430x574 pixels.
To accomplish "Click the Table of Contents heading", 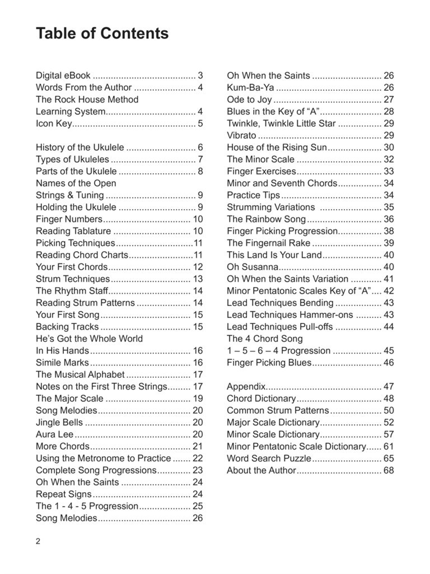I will pos(102,34).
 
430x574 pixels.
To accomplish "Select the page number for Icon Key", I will pos(200,123).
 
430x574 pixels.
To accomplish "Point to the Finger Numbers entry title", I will pos(69,219).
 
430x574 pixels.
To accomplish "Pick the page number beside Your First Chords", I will pos(198,267).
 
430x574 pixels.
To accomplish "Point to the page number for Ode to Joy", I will pos(389,99).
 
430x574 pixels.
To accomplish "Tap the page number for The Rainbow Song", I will pos(389,219).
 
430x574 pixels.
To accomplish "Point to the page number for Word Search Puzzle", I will pos(389,459).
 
